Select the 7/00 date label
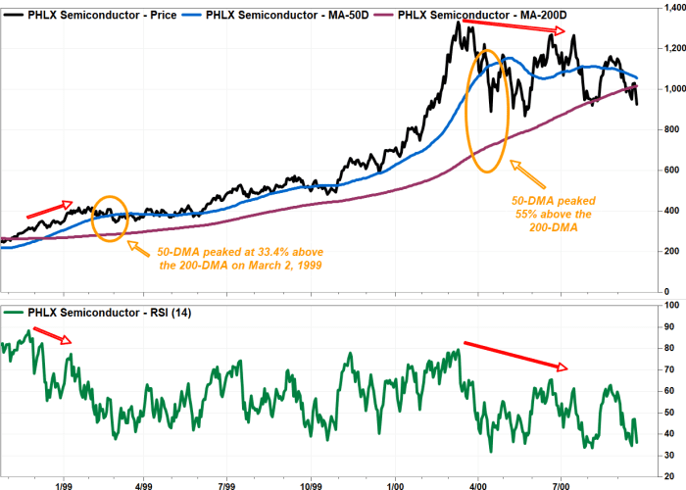pyautogui.click(x=562, y=484)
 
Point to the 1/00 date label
pyautogui.click(x=395, y=484)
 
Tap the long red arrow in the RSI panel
pyautogui.click(x=515, y=356)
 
